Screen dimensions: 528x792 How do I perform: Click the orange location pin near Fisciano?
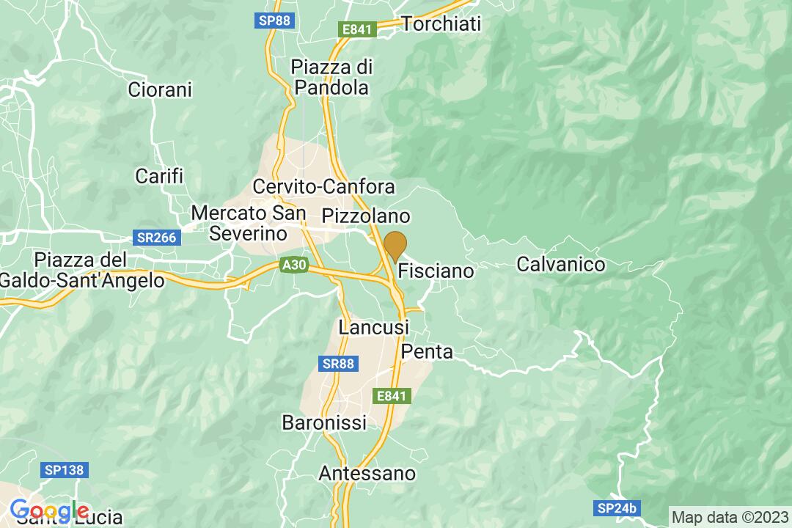click(x=395, y=246)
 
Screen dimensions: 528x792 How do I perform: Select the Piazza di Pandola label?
click(x=331, y=77)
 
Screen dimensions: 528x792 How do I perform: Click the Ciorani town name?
click(x=159, y=90)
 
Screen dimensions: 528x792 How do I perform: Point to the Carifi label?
click(x=159, y=176)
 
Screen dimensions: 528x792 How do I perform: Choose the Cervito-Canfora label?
click(x=323, y=186)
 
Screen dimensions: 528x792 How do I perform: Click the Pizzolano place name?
click(x=366, y=216)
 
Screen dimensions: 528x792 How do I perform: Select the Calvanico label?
click(x=561, y=264)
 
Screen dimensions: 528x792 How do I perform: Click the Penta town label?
click(x=428, y=352)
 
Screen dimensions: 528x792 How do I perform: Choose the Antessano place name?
click(x=367, y=474)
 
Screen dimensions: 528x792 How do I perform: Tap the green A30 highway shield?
click(x=292, y=268)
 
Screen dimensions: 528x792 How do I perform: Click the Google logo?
click(x=49, y=510)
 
